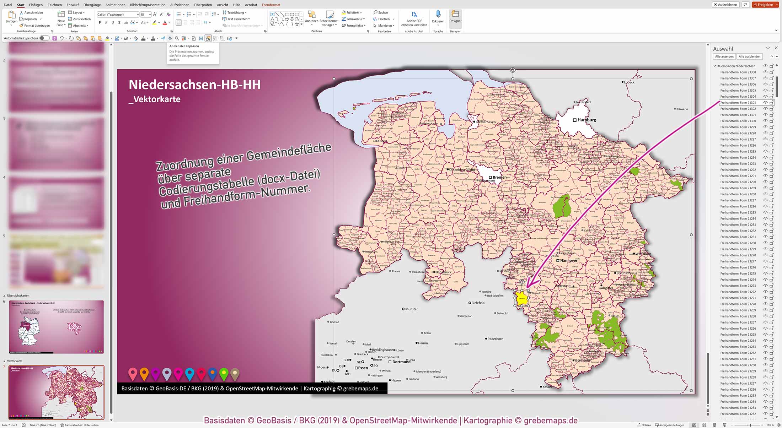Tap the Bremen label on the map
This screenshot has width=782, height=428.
pos(499,177)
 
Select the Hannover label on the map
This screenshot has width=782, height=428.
pos(568,261)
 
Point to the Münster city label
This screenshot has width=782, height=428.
pos(411,309)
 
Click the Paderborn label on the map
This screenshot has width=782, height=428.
pos(495,339)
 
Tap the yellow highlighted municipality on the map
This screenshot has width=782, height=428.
pos(521,298)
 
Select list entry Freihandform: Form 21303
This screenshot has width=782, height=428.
pos(738,103)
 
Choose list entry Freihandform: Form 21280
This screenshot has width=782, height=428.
pos(738,243)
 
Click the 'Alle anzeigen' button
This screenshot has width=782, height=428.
pos(724,56)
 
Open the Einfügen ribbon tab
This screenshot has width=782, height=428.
pos(36,5)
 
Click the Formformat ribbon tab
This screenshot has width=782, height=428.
pos(271,5)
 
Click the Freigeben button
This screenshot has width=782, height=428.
pos(765,5)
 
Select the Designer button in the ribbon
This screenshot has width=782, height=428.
pos(455,17)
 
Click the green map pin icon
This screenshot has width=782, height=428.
pos(224,373)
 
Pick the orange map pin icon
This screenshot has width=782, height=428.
pos(144,373)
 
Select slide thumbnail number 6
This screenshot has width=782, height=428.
pos(57,327)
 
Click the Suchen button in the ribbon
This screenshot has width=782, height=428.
pos(381,12)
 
